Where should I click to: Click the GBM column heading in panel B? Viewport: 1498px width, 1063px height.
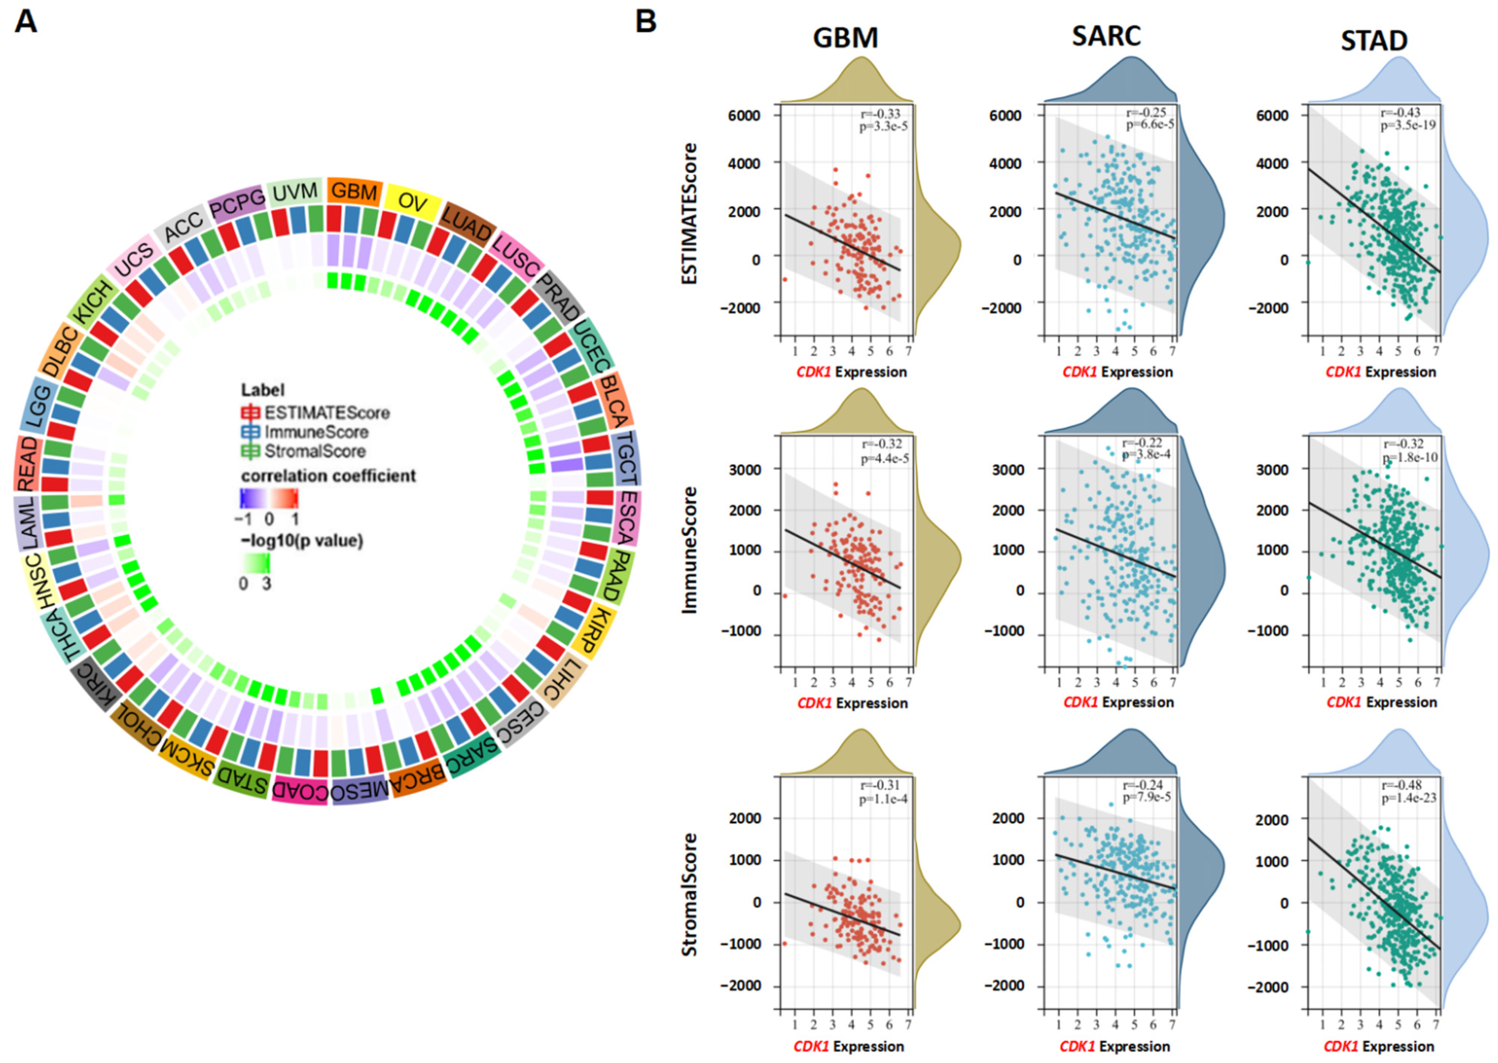[x=845, y=38]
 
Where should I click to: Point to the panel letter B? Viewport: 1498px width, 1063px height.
[x=646, y=22]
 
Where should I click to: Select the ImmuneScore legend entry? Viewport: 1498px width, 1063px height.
[x=316, y=432]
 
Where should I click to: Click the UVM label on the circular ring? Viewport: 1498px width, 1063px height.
[x=295, y=192]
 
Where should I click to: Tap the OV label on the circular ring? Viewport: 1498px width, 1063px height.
[x=412, y=202]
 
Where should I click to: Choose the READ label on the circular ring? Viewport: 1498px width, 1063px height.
[x=28, y=463]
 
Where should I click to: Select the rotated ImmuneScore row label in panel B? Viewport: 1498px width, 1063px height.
[x=690, y=550]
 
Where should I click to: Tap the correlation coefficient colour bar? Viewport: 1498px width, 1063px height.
[x=269, y=498]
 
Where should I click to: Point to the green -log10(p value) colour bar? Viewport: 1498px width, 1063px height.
[x=255, y=562]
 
